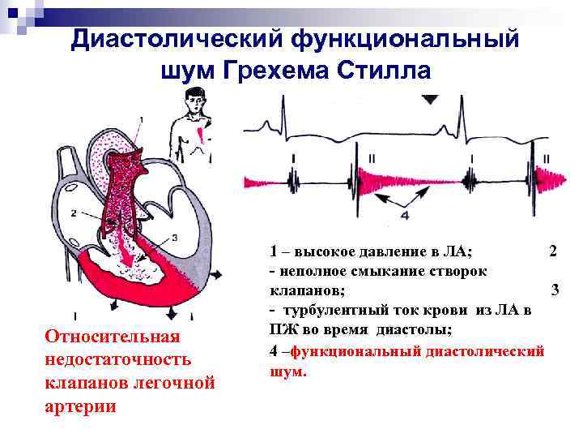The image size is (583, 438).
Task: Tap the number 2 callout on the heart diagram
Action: (74, 213)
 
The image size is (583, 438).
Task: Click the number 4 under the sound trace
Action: (405, 216)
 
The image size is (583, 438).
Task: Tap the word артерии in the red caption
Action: (81, 406)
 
